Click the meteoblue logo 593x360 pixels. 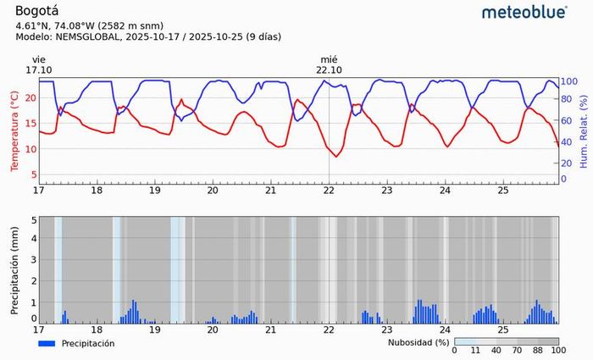[x=524, y=12]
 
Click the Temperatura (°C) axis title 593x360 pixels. [x=14, y=131]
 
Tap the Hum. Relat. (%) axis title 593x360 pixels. [x=585, y=131]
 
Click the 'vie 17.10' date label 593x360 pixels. [x=39, y=64]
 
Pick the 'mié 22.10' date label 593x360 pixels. [x=330, y=64]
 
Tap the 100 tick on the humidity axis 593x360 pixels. [x=569, y=81]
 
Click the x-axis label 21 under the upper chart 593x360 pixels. [x=271, y=190]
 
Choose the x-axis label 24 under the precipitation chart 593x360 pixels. [x=445, y=329]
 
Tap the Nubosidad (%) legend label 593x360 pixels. [x=418, y=343]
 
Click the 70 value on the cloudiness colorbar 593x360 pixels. [x=516, y=351]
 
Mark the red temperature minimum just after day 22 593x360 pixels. [x=337, y=157]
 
